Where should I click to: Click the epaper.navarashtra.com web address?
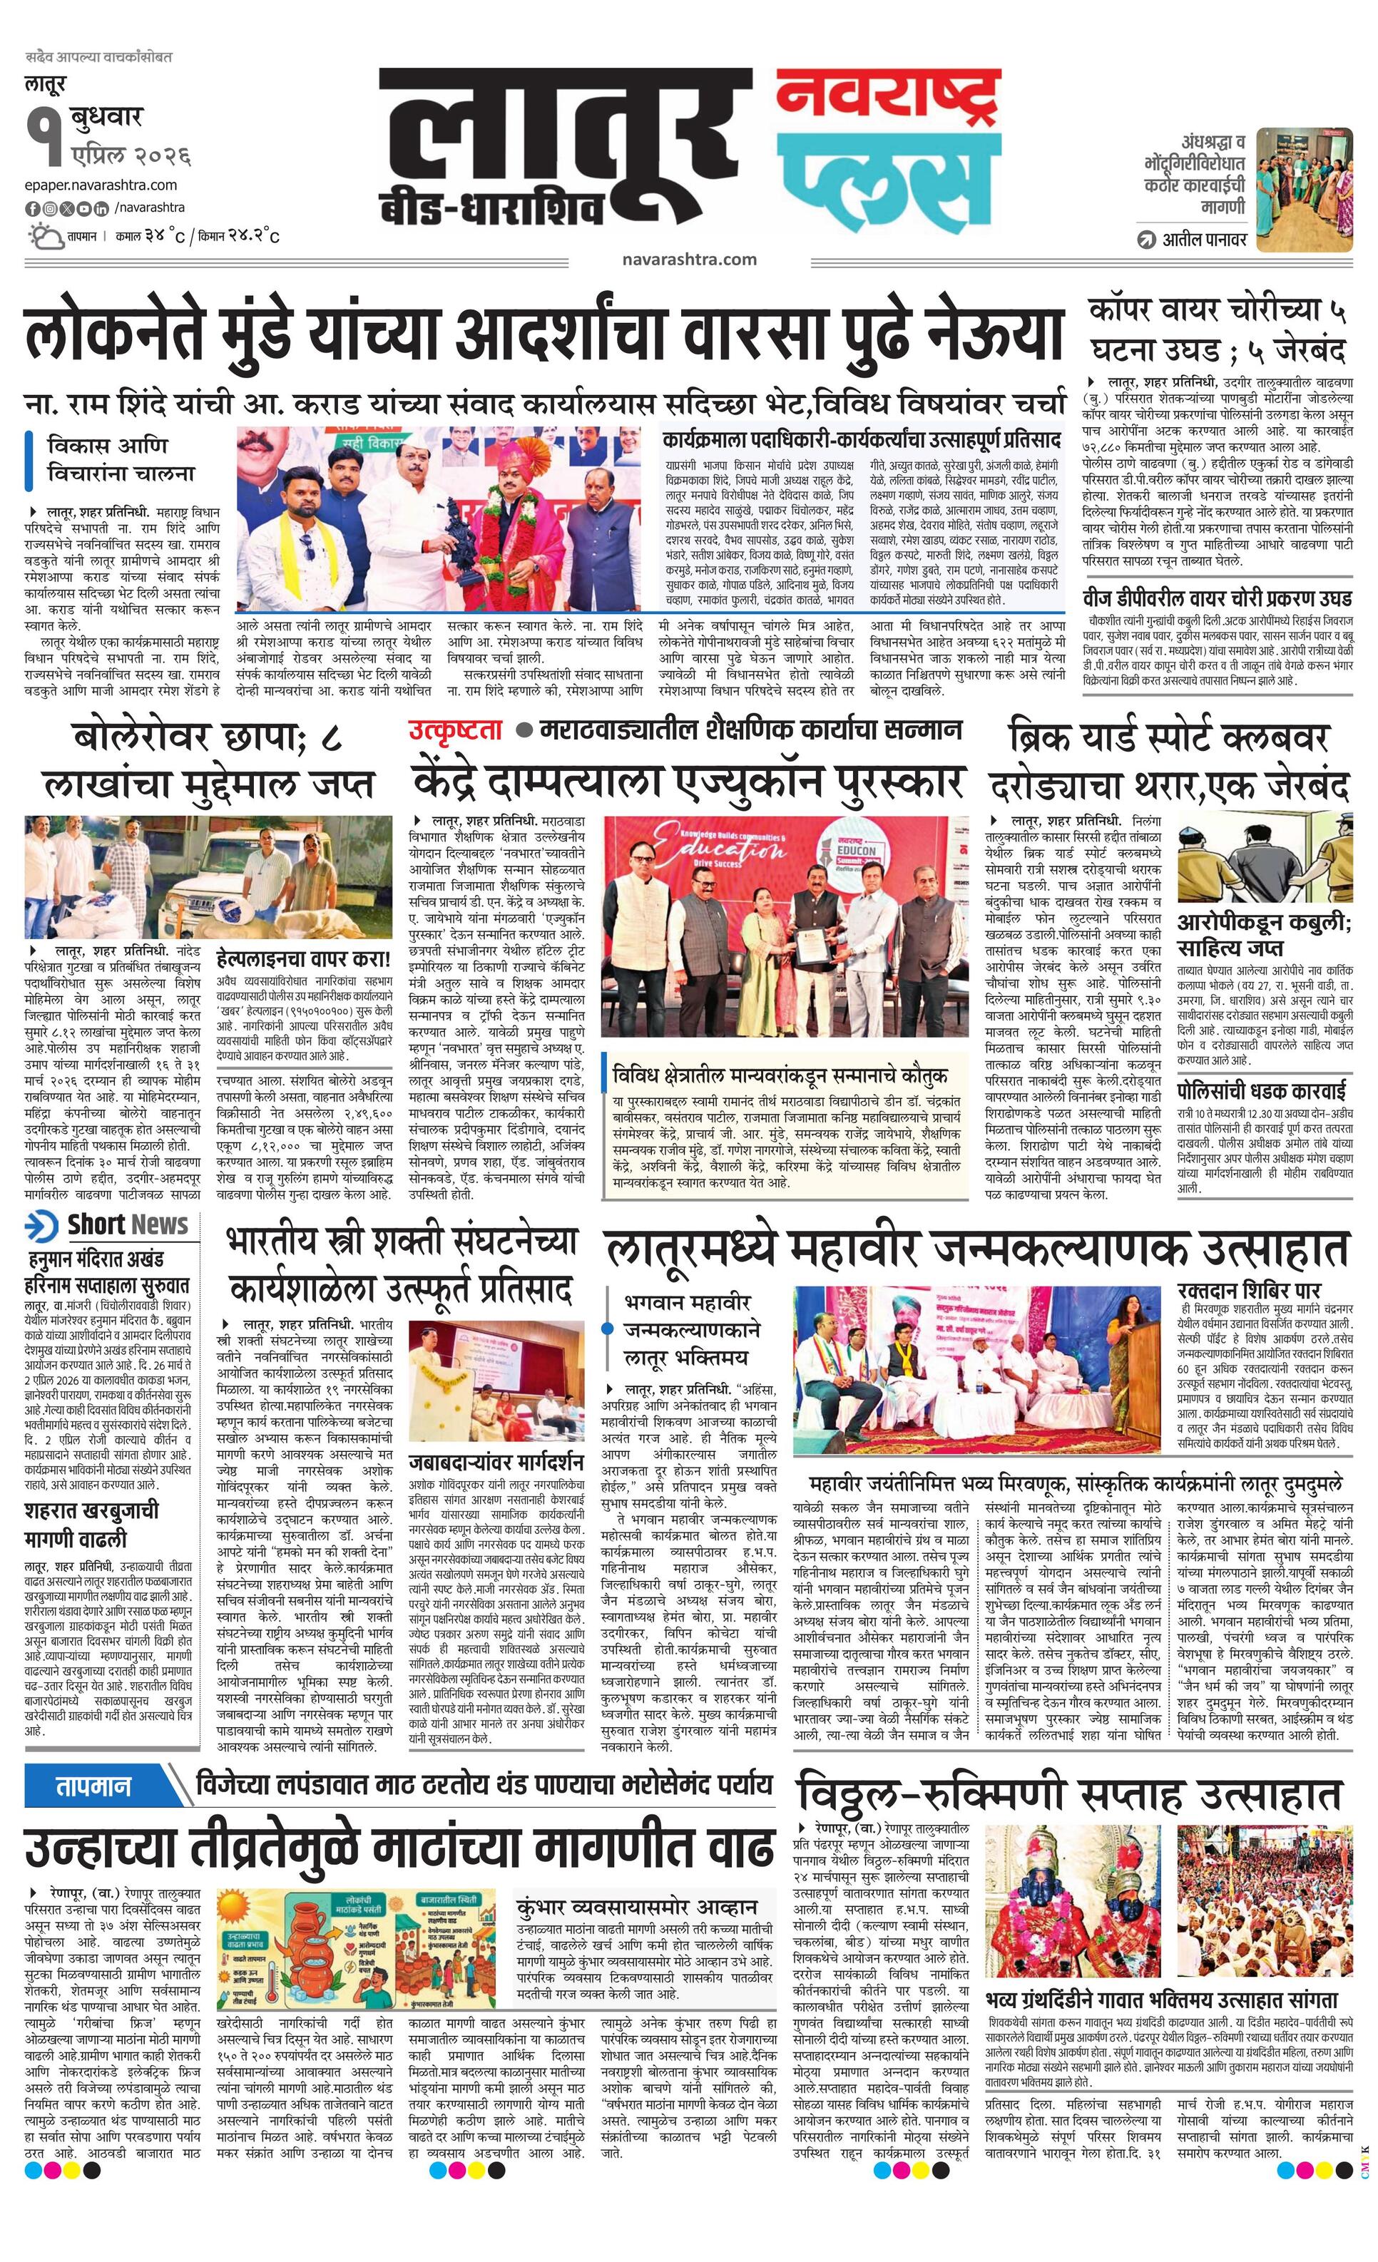click(x=101, y=185)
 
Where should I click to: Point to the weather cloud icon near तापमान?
click(x=45, y=237)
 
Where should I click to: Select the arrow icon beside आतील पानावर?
click(x=1145, y=240)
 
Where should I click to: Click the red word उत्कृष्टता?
click(x=456, y=730)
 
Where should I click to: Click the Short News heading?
click(x=108, y=1224)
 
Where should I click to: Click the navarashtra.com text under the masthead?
click(x=688, y=259)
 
